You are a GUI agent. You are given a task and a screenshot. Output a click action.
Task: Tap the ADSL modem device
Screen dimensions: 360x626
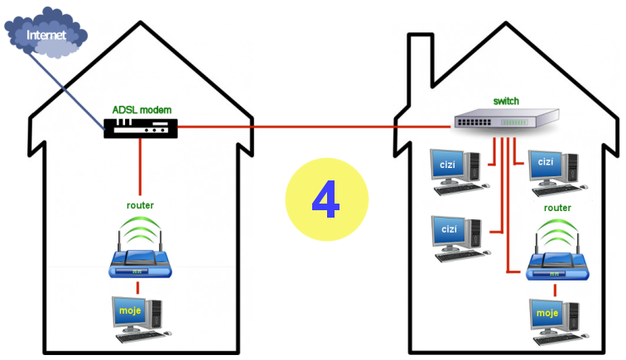pyautogui.click(x=141, y=127)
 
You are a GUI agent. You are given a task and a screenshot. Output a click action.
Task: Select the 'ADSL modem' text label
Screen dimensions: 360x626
pyautogui.click(x=141, y=109)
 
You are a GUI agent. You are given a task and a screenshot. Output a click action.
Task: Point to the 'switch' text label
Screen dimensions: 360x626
pyautogui.click(x=506, y=101)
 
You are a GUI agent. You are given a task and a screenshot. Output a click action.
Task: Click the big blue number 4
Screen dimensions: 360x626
pyautogui.click(x=326, y=199)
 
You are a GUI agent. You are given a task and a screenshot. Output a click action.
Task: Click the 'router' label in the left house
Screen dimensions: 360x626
pyautogui.click(x=140, y=204)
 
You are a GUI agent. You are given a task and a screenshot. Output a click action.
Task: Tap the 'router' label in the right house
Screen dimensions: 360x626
pyautogui.click(x=557, y=208)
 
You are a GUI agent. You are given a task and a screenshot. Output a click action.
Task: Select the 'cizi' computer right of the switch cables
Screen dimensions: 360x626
pyautogui.click(x=551, y=167)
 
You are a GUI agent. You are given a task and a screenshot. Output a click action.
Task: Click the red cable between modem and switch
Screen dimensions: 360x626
pyautogui.click(x=315, y=127)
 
